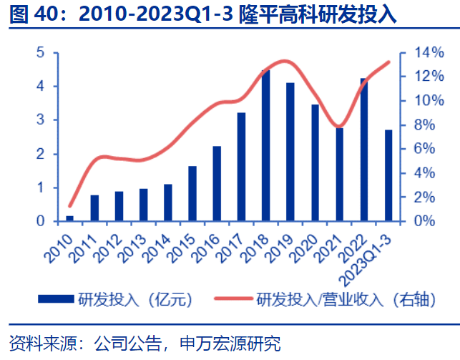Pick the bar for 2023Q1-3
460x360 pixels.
point(388,175)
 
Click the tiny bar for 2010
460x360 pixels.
point(70,218)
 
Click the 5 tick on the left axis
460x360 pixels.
point(41,53)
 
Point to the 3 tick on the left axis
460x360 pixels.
point(41,120)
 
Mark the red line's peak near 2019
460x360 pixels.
point(285,61)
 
